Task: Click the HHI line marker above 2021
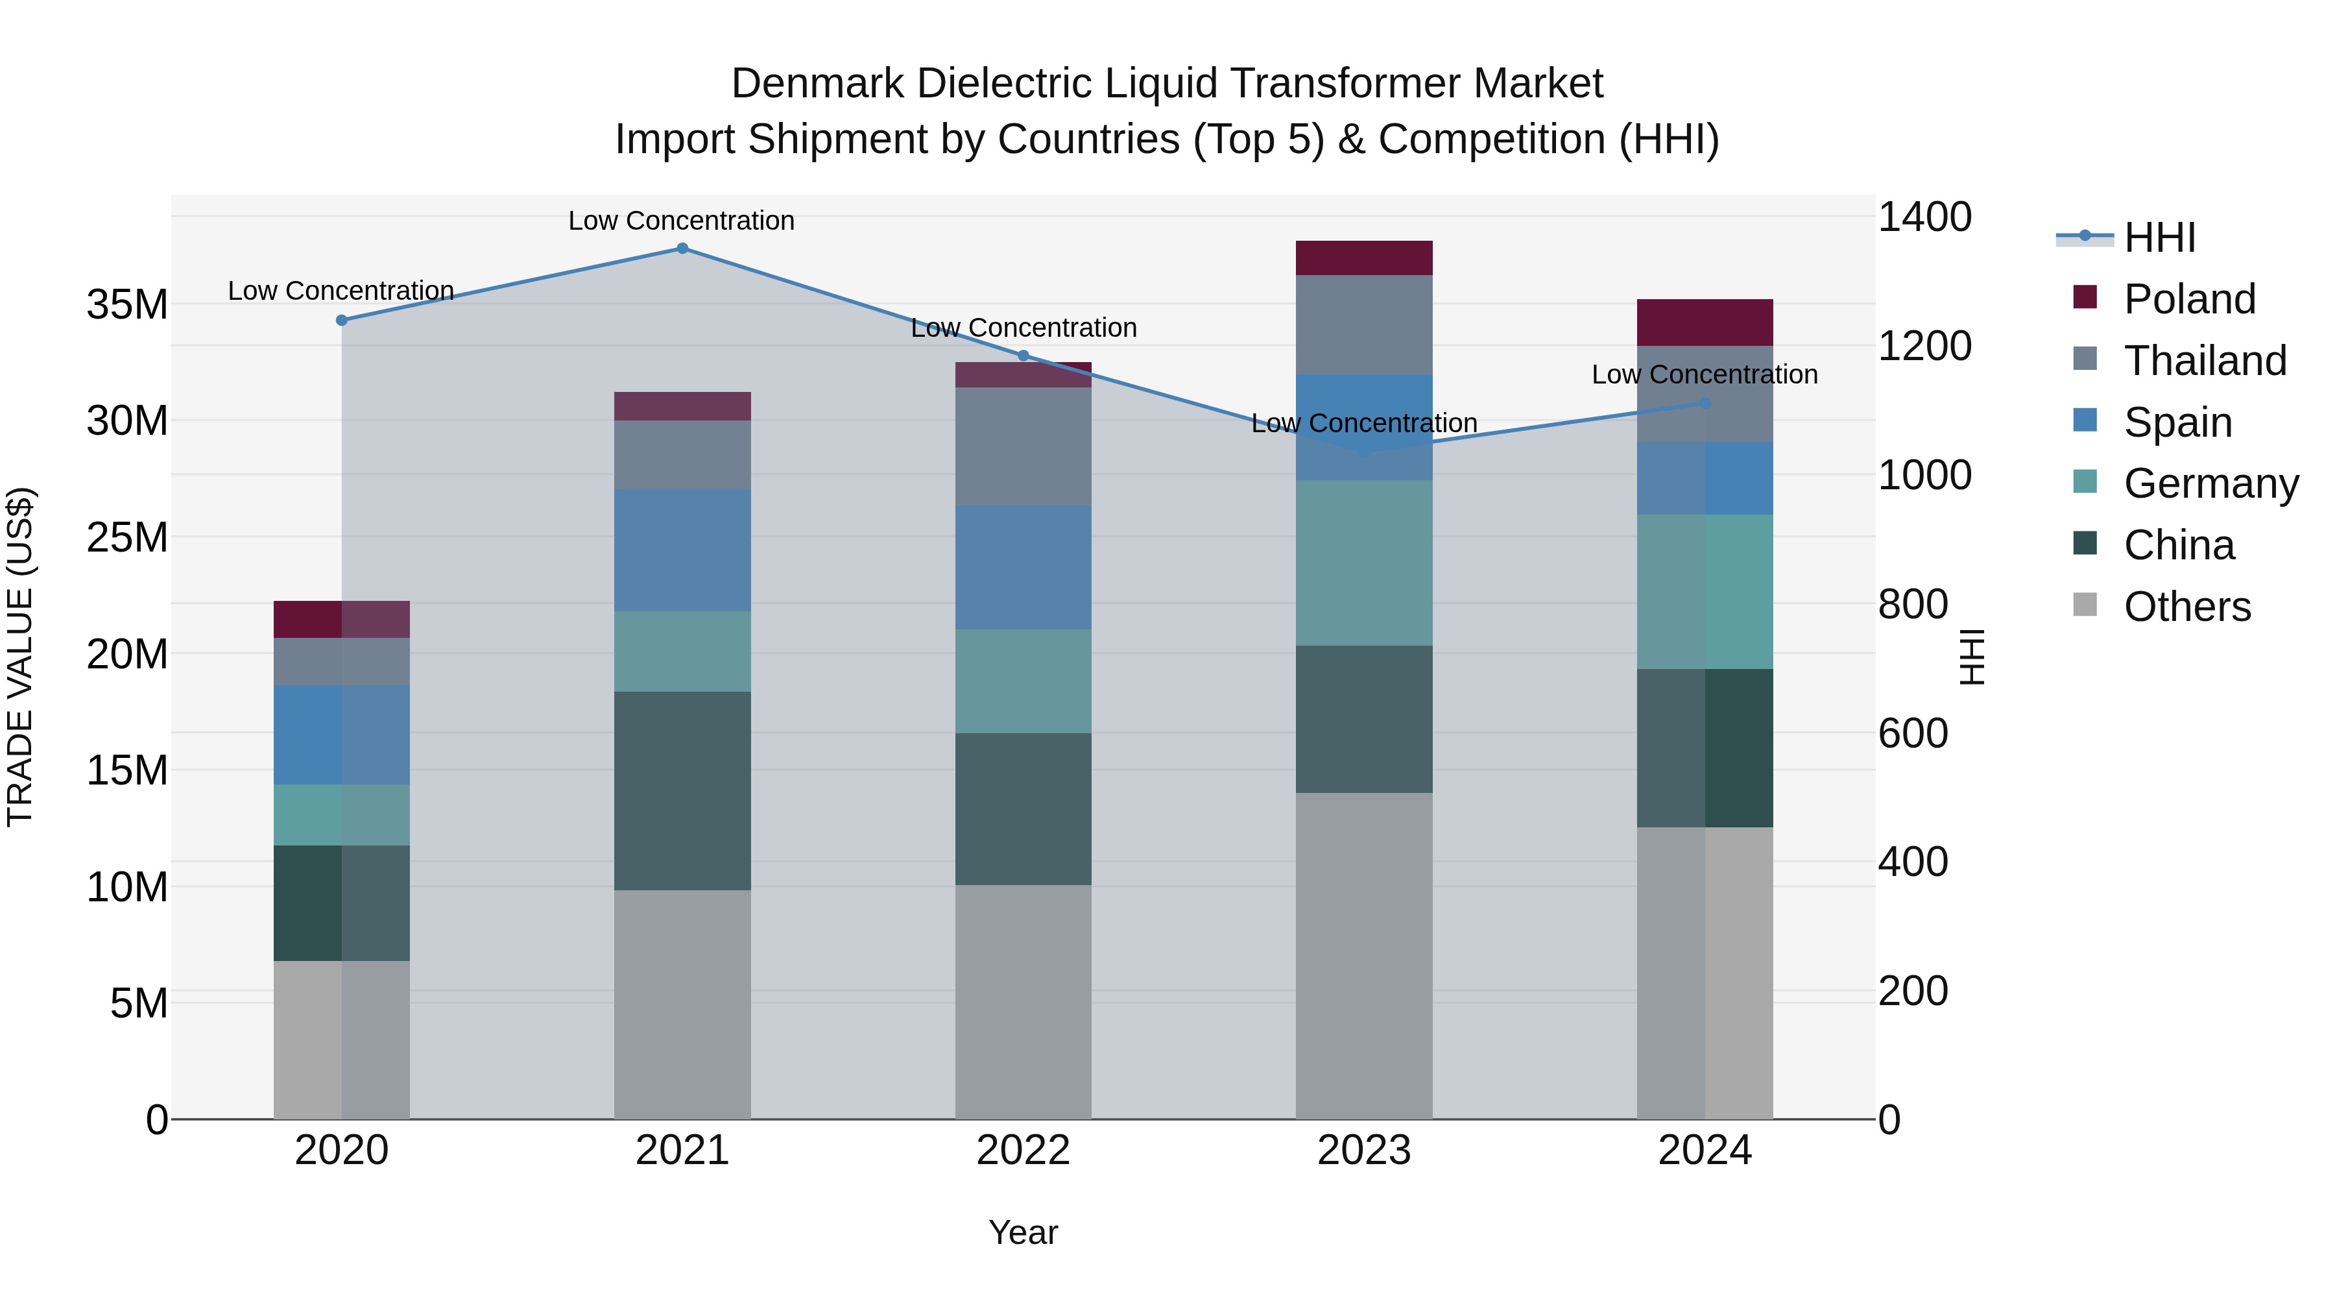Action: (x=682, y=249)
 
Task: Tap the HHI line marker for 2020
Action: (x=342, y=320)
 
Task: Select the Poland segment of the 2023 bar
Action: (x=1363, y=258)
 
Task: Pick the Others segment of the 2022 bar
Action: (x=1024, y=1001)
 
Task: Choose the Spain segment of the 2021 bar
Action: (x=682, y=550)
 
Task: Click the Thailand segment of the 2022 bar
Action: (x=1024, y=446)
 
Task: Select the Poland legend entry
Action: (x=2188, y=299)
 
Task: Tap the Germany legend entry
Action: (x=2210, y=483)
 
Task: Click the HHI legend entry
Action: (x=2159, y=237)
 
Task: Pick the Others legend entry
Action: (x=2186, y=607)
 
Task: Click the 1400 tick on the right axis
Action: (x=1924, y=217)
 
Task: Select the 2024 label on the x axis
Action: (x=1704, y=1150)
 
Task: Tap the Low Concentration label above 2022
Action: (x=1024, y=328)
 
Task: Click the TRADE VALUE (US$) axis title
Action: (x=20, y=657)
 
